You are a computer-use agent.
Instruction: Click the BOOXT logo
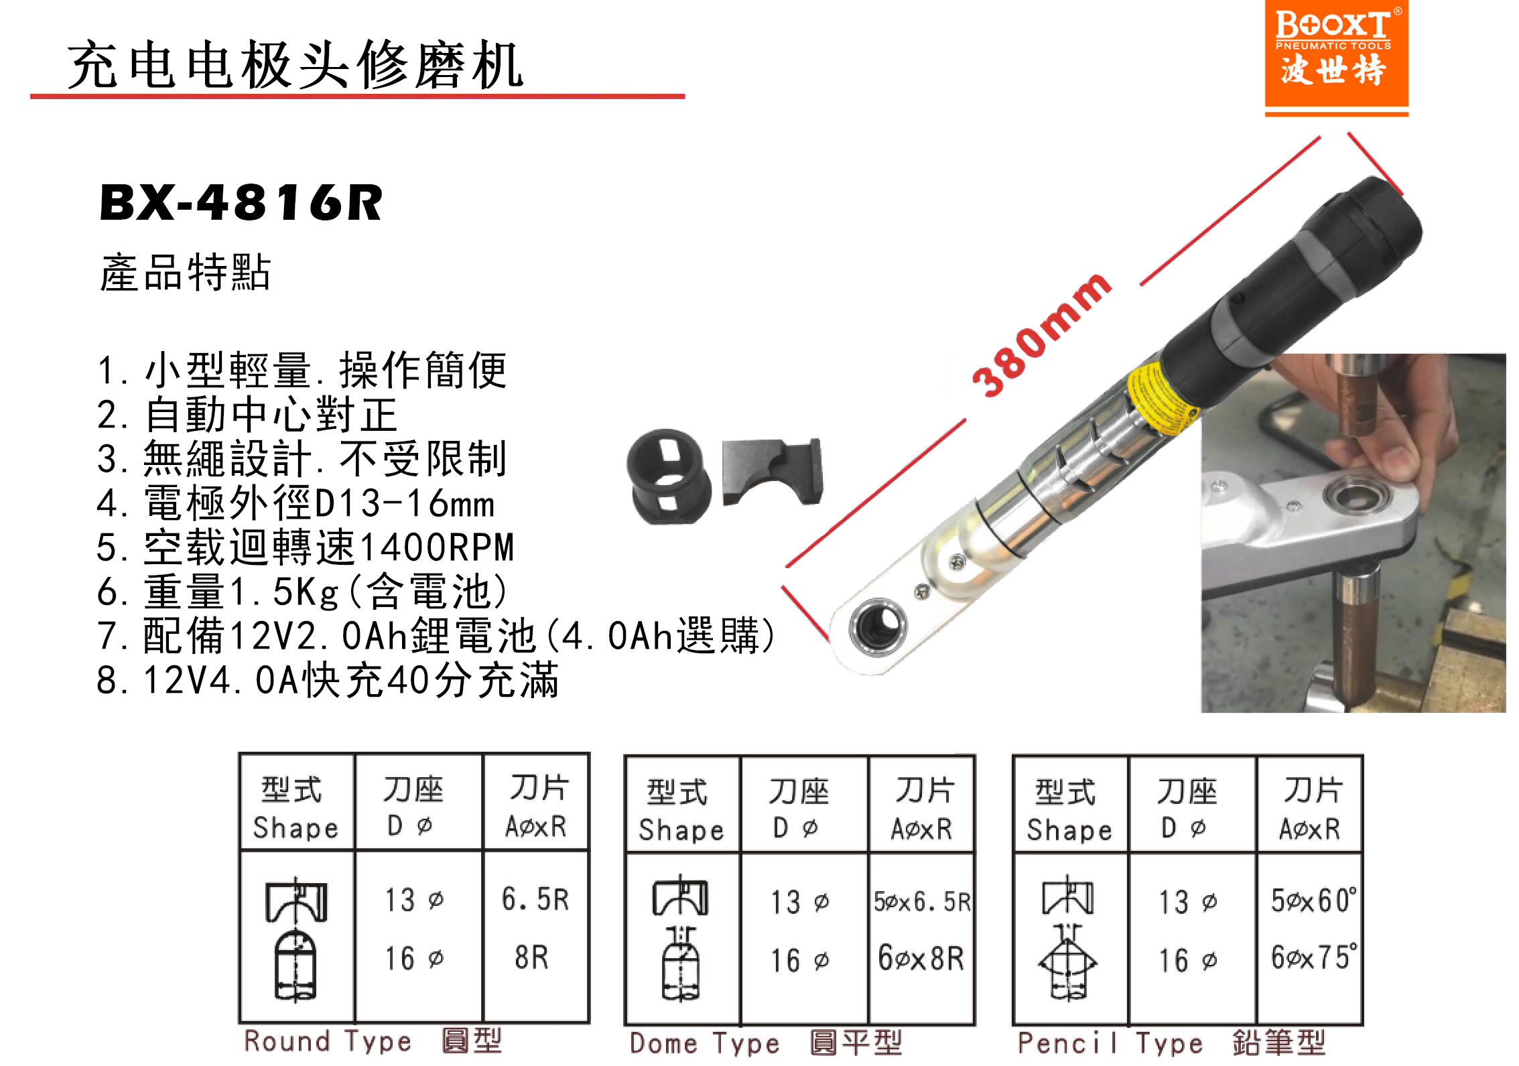1336,54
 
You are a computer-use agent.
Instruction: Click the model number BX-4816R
241,202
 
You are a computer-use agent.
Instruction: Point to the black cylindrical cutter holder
669,476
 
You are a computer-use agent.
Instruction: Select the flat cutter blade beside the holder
772,472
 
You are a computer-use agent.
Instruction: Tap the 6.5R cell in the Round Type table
535,899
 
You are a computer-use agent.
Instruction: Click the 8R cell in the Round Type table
532,957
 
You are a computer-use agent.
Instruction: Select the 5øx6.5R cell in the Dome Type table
922,902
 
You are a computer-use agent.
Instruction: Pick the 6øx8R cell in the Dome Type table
921,959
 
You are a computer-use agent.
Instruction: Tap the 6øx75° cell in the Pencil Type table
1314,957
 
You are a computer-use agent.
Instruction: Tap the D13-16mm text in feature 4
404,503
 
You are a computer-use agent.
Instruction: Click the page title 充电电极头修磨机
295,64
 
